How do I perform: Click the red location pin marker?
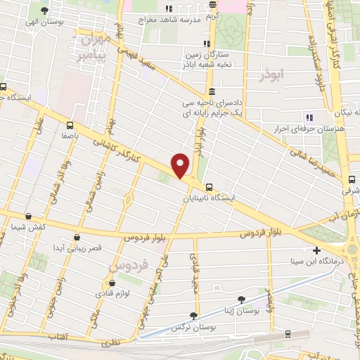click(181, 165)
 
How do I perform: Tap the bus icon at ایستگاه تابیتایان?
click(209, 187)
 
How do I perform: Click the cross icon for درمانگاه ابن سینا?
click(316, 250)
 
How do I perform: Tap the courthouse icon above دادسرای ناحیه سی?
click(212, 91)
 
